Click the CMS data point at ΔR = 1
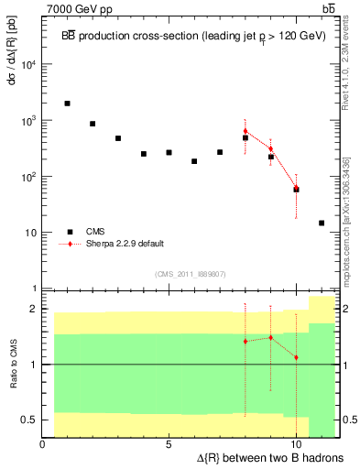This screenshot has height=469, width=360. [68, 104]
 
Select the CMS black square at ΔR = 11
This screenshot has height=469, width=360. [322, 223]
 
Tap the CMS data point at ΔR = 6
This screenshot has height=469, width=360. [194, 161]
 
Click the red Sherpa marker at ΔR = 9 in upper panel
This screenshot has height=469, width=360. [271, 148]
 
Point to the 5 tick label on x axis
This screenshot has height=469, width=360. [169, 444]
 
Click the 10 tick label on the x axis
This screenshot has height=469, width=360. [296, 444]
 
